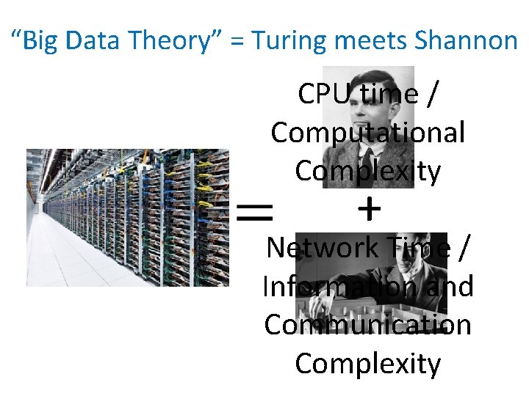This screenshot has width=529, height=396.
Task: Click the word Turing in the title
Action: pos(284,40)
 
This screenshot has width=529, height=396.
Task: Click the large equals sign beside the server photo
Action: pos(254,213)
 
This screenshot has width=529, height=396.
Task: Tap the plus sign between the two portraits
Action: pos(368,211)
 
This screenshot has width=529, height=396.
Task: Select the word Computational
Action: pos(367,133)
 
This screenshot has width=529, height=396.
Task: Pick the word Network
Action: pos(321,248)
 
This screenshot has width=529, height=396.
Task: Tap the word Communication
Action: pos(367,325)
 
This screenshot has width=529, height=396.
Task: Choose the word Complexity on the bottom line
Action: pos(367,363)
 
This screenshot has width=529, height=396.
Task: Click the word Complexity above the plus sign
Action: pos(367,172)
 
